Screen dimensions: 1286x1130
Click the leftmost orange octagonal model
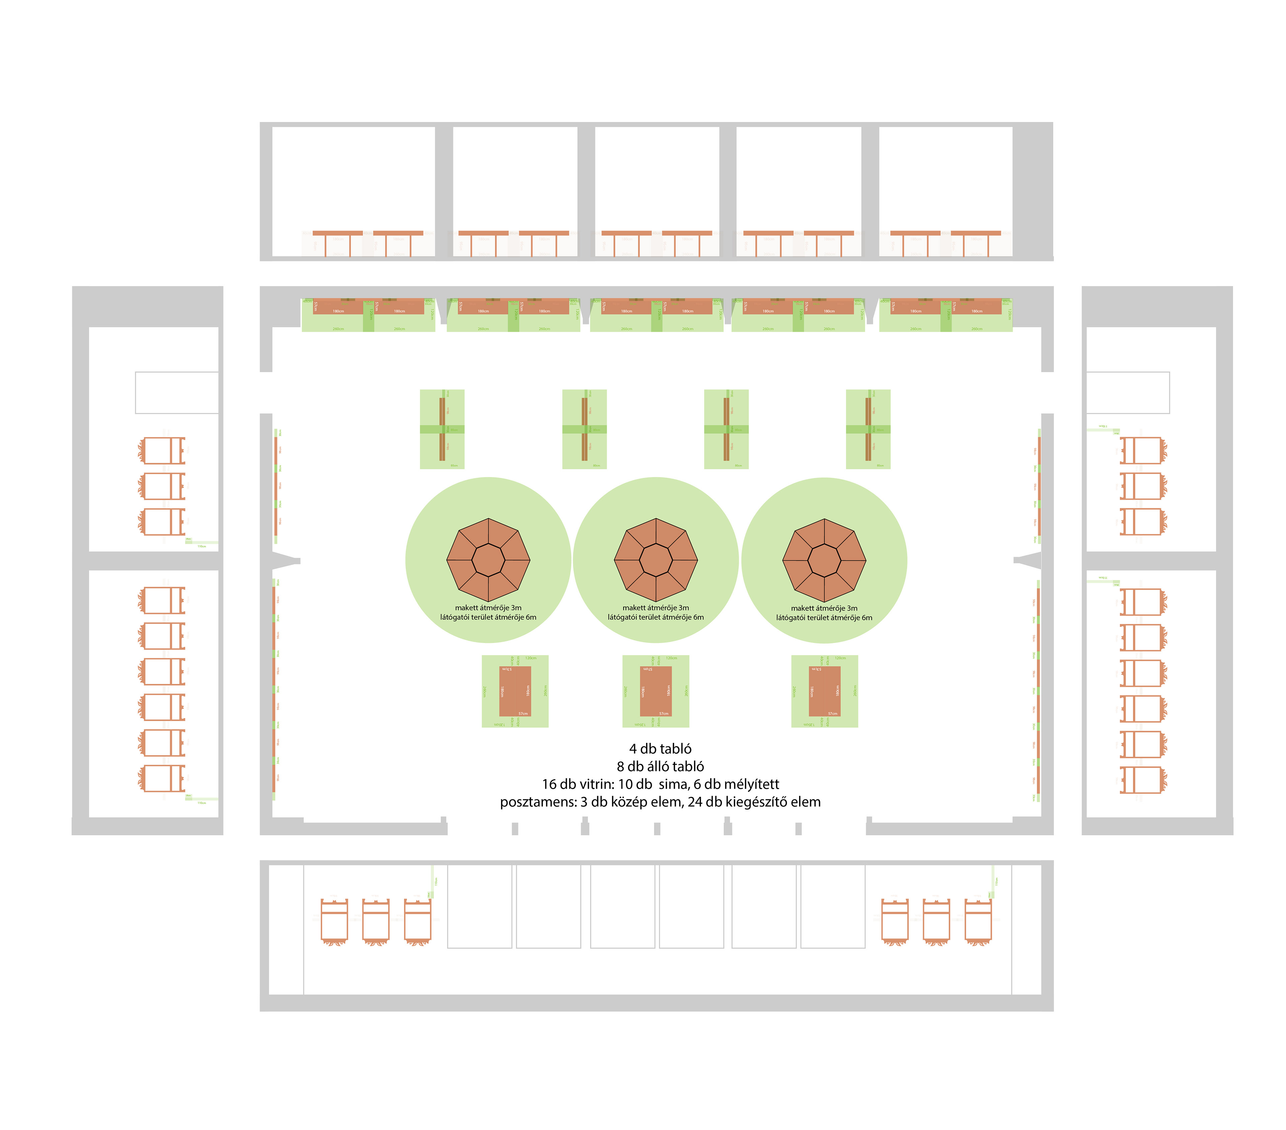tap(488, 560)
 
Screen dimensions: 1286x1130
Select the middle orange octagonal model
tap(656, 560)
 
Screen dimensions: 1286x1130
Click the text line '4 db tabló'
tap(660, 749)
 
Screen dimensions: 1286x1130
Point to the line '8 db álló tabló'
tap(660, 766)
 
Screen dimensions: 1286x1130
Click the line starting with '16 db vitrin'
tap(660, 784)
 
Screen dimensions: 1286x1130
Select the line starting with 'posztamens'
tap(660, 801)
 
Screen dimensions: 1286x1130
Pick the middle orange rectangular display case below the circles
tap(656, 691)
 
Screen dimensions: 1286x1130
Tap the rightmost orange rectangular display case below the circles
tap(824, 691)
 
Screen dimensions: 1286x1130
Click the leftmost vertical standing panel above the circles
tap(442, 429)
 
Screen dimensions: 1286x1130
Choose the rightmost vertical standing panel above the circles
tap(868, 429)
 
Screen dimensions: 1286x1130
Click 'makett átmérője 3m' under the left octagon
tap(488, 608)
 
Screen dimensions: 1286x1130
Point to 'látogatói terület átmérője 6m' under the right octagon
tap(824, 618)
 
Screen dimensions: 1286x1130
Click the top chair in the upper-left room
tap(162, 450)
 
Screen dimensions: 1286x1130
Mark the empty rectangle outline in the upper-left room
tap(177, 393)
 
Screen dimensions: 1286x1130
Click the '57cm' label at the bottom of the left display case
tap(523, 713)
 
